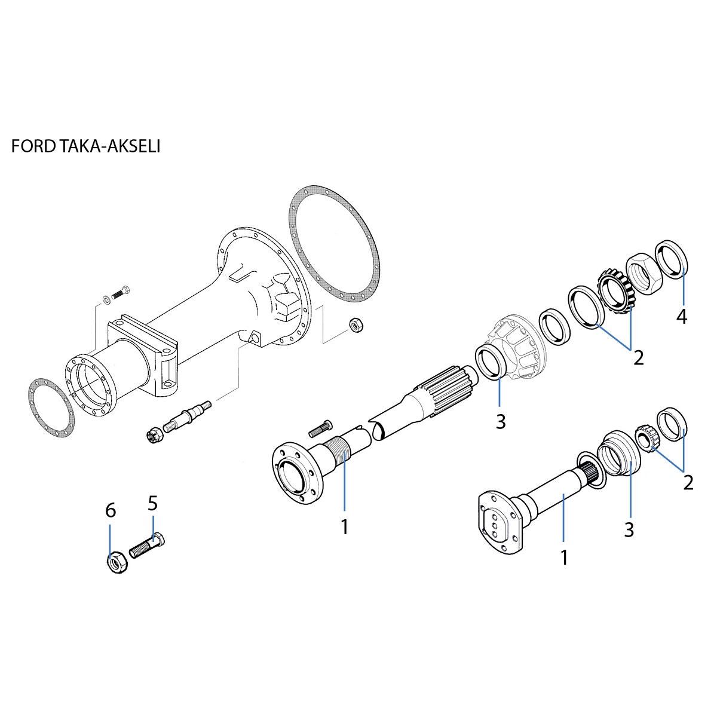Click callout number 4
coord(682,317)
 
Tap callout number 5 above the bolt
coord(153,503)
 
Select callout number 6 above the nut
coord(111,511)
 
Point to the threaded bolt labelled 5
coord(147,544)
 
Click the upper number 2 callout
coord(639,358)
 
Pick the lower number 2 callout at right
coord(688,482)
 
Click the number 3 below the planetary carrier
coord(501,421)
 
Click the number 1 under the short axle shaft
coord(563,557)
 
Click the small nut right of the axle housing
coord(356,326)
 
